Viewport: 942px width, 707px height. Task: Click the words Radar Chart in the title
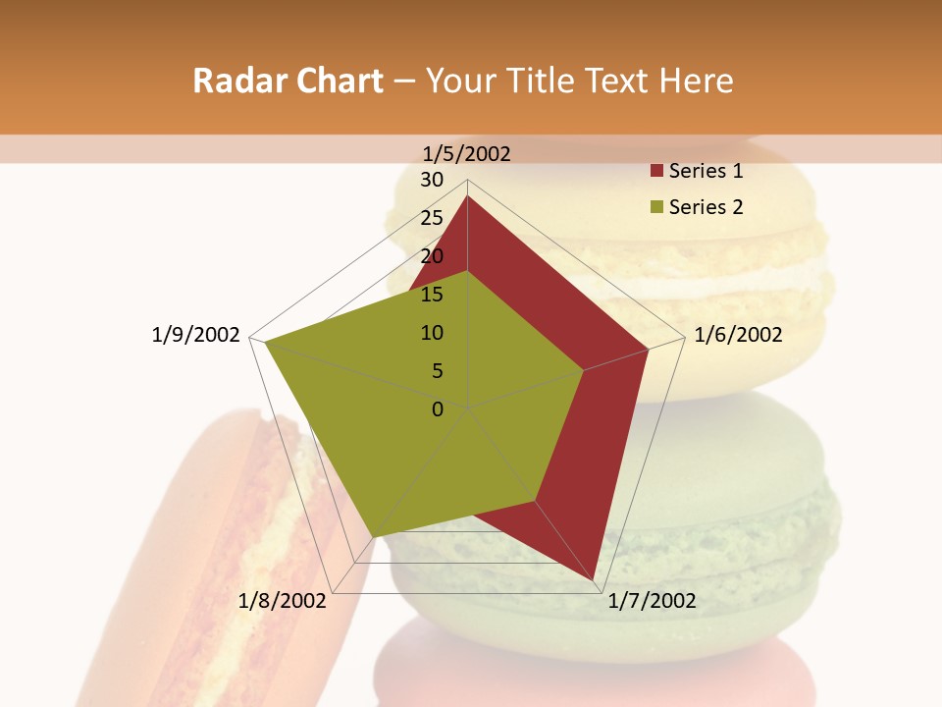288,81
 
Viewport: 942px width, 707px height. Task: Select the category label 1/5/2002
467,153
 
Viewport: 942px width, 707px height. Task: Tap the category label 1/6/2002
738,335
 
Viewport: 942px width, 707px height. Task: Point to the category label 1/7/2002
652,601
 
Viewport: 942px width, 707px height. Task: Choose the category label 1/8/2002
282,601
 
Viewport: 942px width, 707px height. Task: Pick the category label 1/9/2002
195,335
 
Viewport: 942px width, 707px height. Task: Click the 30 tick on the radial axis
432,180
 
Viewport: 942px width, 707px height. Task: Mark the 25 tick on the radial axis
432,218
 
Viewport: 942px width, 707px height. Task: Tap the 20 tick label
432,256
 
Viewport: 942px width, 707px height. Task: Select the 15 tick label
432,295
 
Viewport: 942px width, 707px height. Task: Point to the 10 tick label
432,333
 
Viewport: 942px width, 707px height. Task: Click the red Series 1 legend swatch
656,172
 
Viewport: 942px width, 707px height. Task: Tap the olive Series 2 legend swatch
656,207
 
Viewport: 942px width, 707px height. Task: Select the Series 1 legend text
706,172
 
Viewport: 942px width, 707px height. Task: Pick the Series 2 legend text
706,207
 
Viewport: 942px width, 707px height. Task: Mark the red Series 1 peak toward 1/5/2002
467,195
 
